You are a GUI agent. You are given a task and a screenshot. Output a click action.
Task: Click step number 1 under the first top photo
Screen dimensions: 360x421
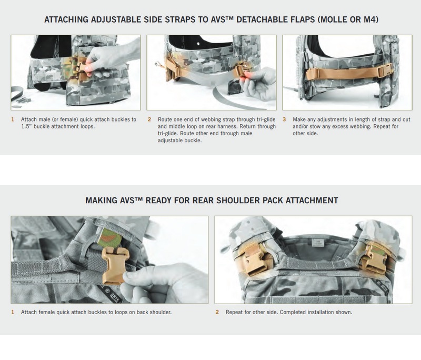(13, 119)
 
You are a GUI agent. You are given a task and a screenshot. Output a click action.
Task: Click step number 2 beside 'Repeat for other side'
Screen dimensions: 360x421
(217, 312)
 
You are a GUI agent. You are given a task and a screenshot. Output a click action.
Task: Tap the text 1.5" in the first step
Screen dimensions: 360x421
(28, 127)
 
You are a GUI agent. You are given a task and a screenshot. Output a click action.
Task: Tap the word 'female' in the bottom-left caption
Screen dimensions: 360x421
(49, 312)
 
